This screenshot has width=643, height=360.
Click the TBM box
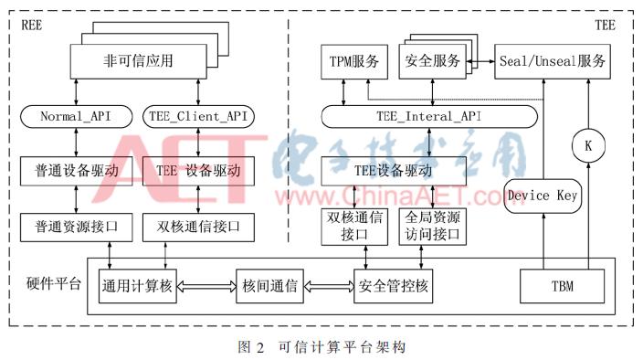pyautogui.click(x=562, y=288)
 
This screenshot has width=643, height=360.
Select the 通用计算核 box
pyautogui.click(x=137, y=287)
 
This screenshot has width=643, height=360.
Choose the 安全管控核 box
pyautogui.click(x=392, y=287)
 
